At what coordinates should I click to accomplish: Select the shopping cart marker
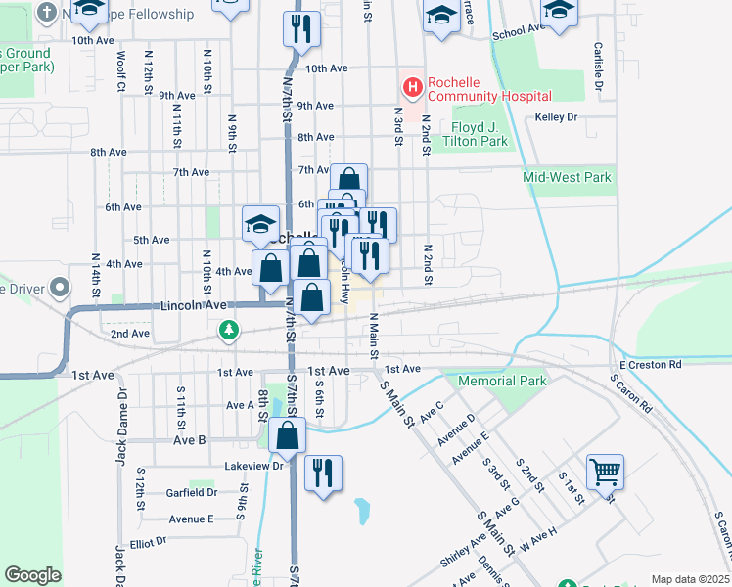(x=606, y=472)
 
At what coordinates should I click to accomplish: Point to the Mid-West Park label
(x=567, y=177)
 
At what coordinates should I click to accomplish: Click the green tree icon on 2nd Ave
(x=229, y=331)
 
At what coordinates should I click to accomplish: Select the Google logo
(x=33, y=574)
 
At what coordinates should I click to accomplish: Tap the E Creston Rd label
(x=650, y=364)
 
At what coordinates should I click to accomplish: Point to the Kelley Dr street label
(x=557, y=117)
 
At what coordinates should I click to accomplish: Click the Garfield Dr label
(x=190, y=493)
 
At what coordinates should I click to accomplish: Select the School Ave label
(x=517, y=32)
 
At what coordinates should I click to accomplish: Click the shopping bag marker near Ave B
(x=288, y=435)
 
